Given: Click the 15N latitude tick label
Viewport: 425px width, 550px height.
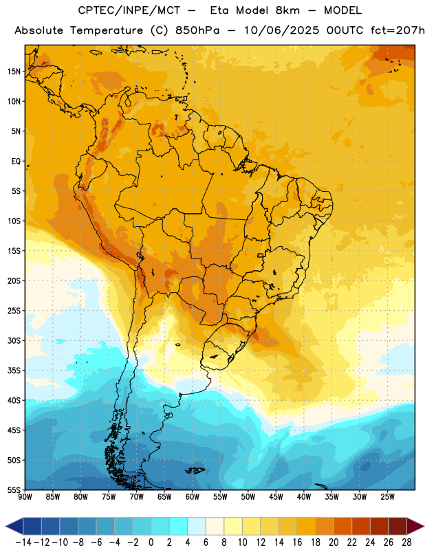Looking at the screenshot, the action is coord(14,71).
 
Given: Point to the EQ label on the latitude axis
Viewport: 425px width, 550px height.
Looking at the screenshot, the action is coord(16,162).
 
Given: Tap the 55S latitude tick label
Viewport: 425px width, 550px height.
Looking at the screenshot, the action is coord(14,489).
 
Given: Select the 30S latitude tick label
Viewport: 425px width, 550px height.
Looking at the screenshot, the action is coord(14,340).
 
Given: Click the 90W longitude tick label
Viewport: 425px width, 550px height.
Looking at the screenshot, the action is coord(25,496).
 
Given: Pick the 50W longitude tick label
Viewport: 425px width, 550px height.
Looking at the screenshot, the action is coord(248,496).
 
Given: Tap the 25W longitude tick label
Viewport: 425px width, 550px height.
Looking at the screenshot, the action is coord(387,496).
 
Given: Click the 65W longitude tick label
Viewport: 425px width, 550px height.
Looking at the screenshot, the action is coord(164,496).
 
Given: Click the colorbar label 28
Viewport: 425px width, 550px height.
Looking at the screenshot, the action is coord(406,542).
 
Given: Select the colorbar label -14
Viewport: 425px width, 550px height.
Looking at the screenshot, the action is coord(23,542).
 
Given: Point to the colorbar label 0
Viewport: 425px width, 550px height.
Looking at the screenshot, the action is coord(151,542).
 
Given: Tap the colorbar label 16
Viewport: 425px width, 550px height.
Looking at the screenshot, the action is coord(297,542).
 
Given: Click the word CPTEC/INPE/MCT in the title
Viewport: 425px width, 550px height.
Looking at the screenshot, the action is coord(129,10).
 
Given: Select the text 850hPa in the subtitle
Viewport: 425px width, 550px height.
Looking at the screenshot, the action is coord(197,30).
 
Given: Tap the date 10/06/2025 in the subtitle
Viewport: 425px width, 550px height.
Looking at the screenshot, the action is coord(281,30).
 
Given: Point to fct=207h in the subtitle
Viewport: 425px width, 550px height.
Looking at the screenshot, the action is coord(397,30).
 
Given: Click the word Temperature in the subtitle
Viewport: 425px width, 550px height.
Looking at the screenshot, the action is coord(107,30).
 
